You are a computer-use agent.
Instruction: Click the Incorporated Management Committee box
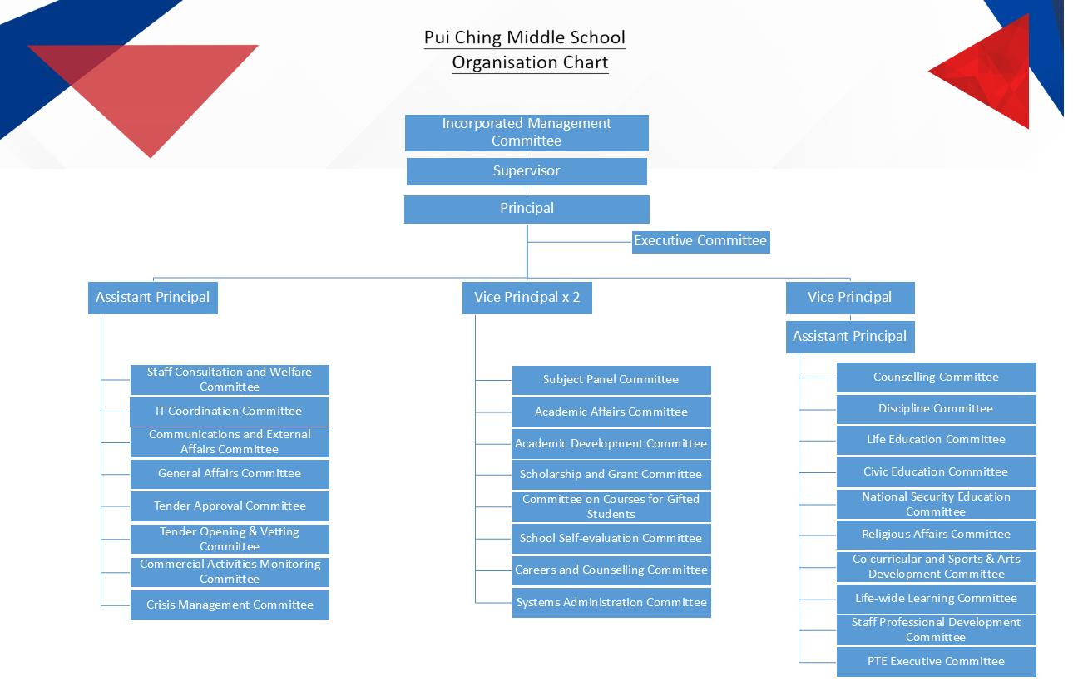pyautogui.click(x=527, y=132)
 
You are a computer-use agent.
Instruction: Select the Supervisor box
pyautogui.click(x=527, y=171)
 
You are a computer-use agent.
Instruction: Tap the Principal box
pyautogui.click(x=527, y=209)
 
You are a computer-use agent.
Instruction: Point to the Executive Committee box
pyautogui.click(x=700, y=241)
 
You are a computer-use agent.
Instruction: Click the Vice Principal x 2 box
pyautogui.click(x=527, y=298)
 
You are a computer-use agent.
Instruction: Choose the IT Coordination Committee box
pyautogui.click(x=230, y=412)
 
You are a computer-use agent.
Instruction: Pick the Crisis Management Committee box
pyautogui.click(x=230, y=605)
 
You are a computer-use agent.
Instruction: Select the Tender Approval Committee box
pyautogui.click(x=230, y=506)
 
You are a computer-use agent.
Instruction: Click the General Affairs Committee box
pyautogui.click(x=230, y=474)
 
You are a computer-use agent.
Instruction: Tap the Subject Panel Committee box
pyautogui.click(x=611, y=380)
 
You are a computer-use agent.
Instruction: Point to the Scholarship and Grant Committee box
pyautogui.click(x=611, y=475)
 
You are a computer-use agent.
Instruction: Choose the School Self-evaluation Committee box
pyautogui.click(x=611, y=539)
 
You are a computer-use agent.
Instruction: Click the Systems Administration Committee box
pyautogui.click(x=611, y=603)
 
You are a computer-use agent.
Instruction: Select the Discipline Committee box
pyautogui.click(x=936, y=409)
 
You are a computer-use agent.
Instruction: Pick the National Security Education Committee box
pyautogui.click(x=936, y=504)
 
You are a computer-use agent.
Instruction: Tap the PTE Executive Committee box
pyautogui.click(x=936, y=662)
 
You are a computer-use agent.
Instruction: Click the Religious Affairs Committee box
pyautogui.click(x=936, y=535)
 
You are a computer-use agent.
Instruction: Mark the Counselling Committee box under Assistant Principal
pyautogui.click(x=936, y=378)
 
